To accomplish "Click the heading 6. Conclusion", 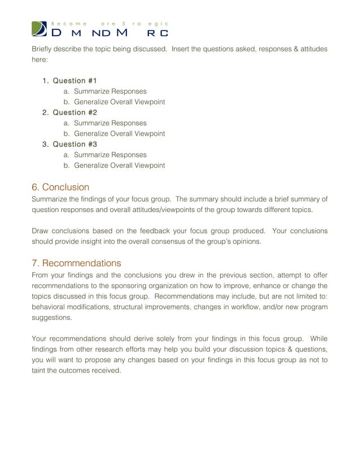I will point(60,187).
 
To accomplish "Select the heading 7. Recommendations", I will point(76,263).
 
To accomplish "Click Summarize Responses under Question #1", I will point(110,91).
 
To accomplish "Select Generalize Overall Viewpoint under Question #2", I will point(119,134).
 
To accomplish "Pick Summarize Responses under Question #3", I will point(110,155).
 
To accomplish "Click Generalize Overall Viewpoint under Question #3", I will point(119,165).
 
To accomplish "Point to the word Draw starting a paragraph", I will point(41,231).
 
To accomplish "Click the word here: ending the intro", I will point(40,61).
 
